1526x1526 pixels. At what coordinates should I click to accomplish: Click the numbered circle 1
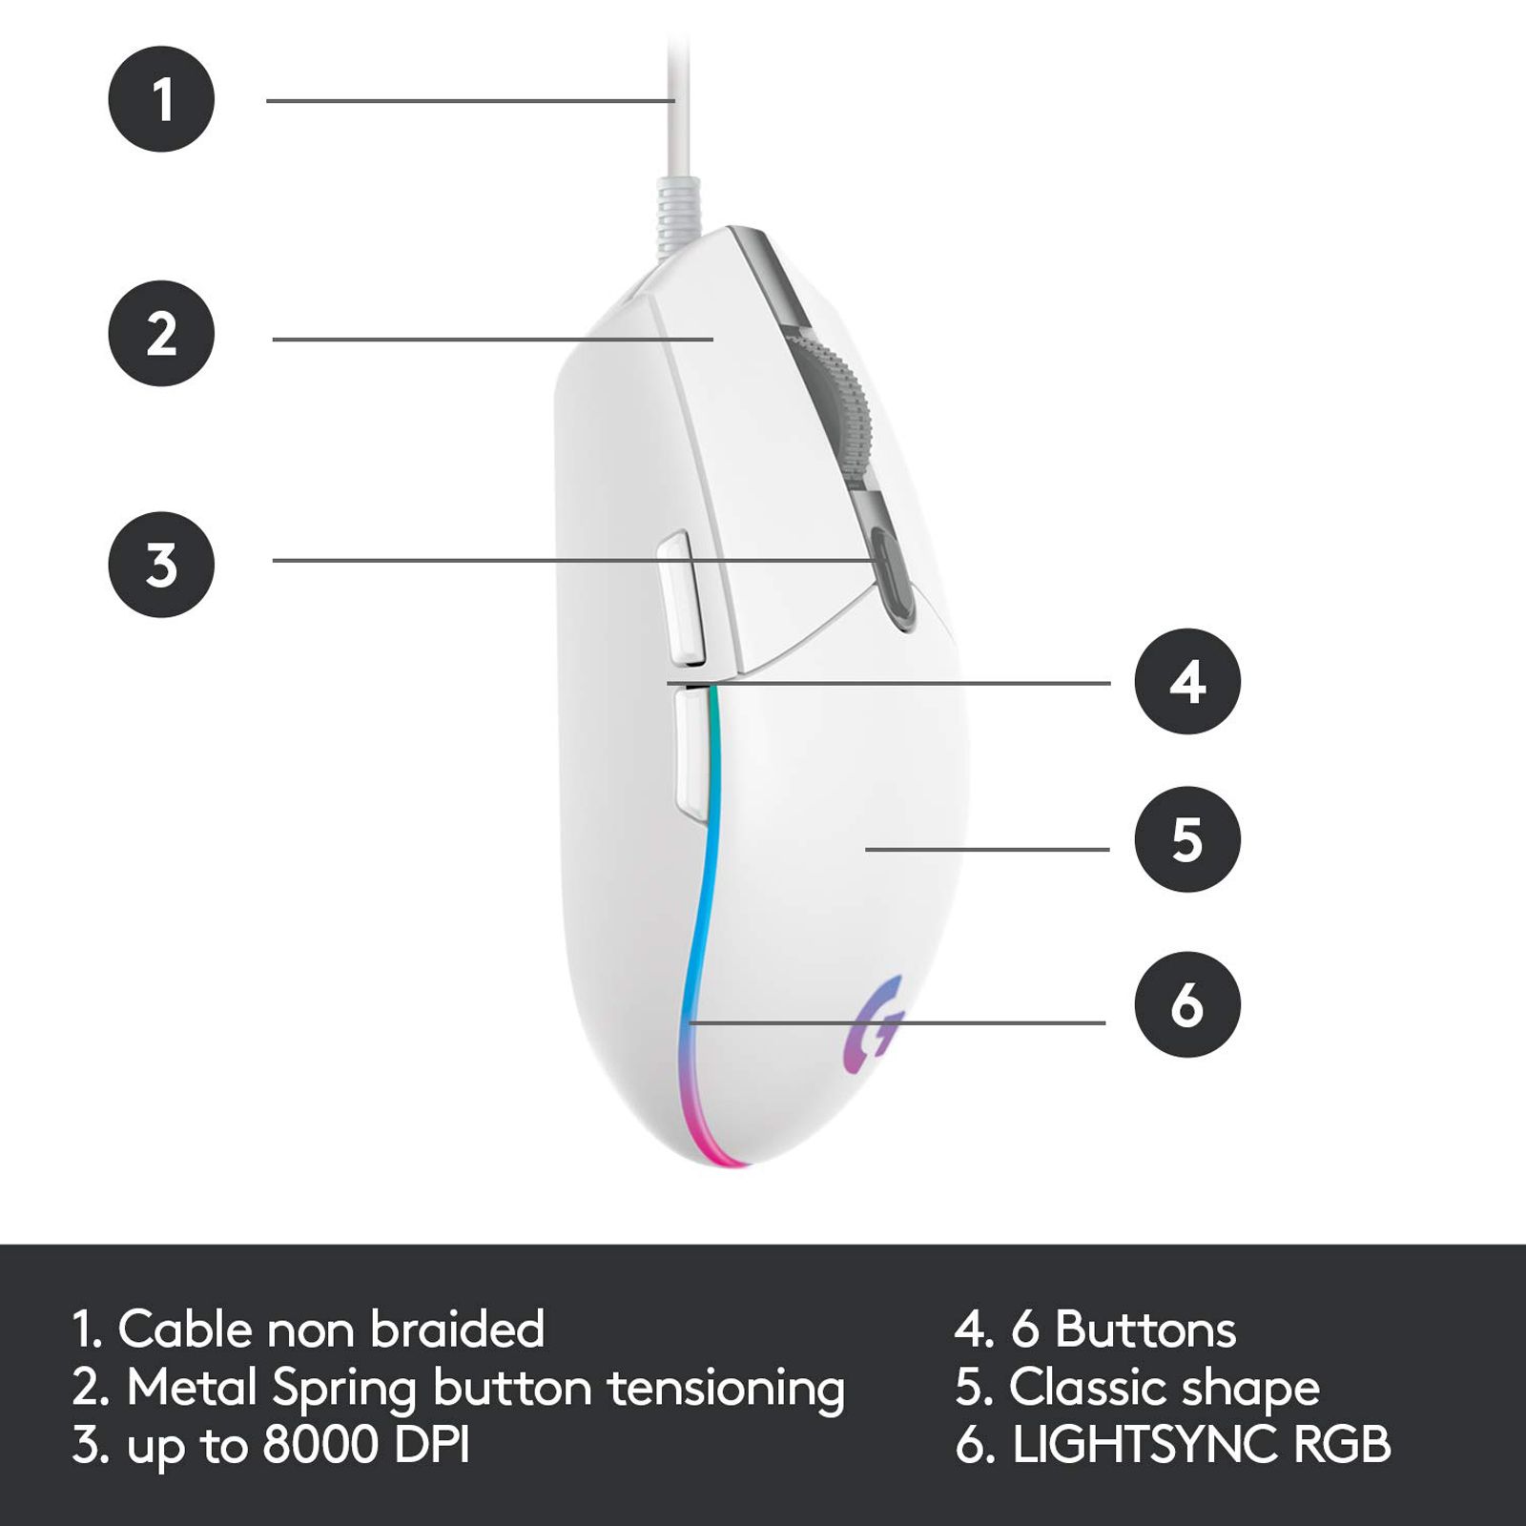tap(161, 98)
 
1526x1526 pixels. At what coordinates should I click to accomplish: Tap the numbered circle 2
tap(161, 333)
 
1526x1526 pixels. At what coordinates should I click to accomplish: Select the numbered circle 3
tap(161, 565)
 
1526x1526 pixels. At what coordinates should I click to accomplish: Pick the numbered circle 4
tap(1187, 681)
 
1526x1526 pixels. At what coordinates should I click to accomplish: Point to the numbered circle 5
tap(1187, 839)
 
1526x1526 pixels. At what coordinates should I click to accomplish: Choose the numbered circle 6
tap(1187, 1004)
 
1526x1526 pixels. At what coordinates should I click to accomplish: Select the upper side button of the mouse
tap(681, 598)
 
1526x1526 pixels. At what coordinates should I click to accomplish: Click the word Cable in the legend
tap(186, 1329)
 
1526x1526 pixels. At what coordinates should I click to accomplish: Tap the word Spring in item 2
tap(344, 1390)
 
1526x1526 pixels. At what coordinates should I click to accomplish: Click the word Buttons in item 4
tap(1145, 1330)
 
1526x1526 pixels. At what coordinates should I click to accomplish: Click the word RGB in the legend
tap(1342, 1445)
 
